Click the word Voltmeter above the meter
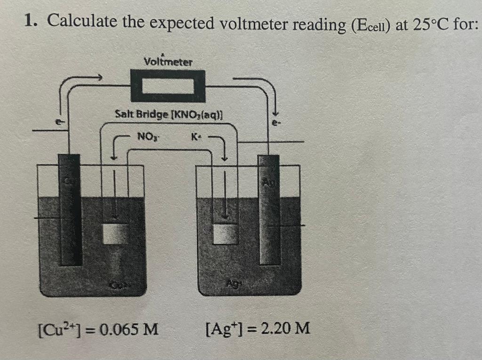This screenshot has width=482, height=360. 168,62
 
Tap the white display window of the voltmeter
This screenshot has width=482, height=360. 168,87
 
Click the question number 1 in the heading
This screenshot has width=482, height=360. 31,21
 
